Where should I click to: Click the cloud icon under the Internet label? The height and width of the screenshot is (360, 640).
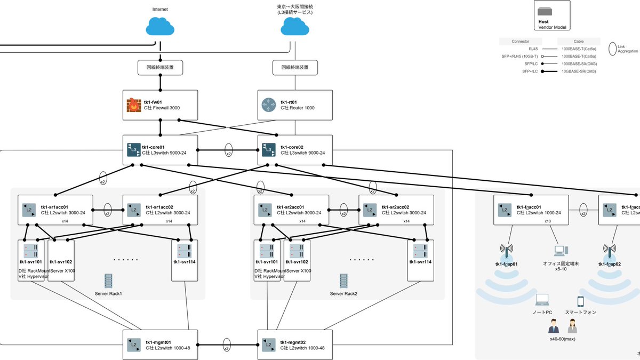[x=160, y=26]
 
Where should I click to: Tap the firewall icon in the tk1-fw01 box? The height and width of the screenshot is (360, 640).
[x=133, y=105]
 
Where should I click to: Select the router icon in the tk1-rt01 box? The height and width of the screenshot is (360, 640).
[x=268, y=105]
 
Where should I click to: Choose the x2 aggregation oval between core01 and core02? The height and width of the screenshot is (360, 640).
[x=229, y=150]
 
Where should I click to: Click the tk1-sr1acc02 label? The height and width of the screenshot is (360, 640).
[x=161, y=207]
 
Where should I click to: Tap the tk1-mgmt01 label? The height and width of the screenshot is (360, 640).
[x=158, y=342]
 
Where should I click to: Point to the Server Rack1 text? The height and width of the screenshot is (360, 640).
[x=108, y=294]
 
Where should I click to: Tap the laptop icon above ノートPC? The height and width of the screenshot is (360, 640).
[x=542, y=300]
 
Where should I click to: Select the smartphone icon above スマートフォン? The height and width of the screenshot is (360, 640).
[x=581, y=301]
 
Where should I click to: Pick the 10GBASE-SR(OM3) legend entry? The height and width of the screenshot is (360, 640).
[x=579, y=71]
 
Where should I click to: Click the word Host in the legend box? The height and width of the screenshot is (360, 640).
[x=543, y=22]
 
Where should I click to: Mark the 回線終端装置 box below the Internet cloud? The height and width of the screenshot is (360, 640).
[x=160, y=68]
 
